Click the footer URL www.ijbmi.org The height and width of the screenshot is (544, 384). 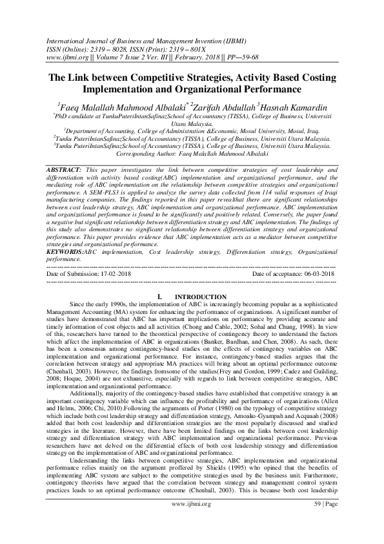[193, 520]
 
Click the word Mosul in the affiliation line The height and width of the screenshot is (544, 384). [252, 129]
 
